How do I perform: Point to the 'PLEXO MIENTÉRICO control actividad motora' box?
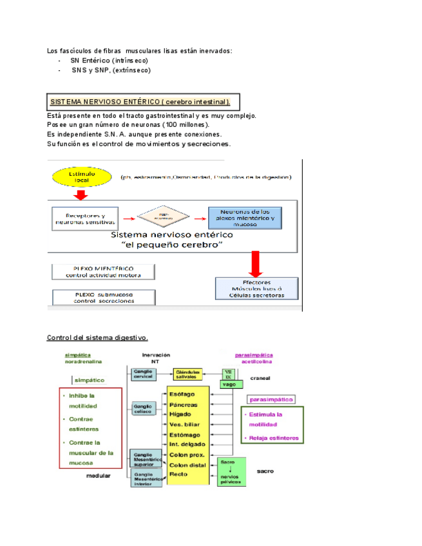tap(104, 271)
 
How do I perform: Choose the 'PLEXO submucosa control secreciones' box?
tap(104, 297)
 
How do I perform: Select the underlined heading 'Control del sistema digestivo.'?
tap(97, 337)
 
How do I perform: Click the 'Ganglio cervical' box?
tap(142, 374)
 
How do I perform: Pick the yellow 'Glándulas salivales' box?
tap(187, 374)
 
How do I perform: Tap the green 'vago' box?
tap(227, 384)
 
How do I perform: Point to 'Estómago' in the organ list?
tap(182, 434)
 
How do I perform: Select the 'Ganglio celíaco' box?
tap(142, 408)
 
